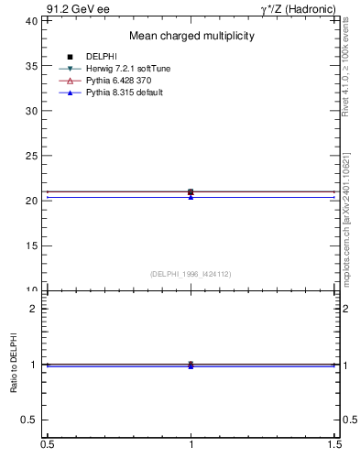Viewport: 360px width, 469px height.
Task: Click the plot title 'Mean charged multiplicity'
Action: (x=191, y=37)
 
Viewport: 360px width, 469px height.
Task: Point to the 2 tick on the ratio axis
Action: (x=34, y=309)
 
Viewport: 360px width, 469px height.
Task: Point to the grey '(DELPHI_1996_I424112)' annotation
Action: (x=191, y=273)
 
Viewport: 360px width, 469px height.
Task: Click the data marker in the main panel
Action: (x=191, y=192)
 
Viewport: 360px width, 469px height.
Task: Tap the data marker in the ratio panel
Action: (x=191, y=365)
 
